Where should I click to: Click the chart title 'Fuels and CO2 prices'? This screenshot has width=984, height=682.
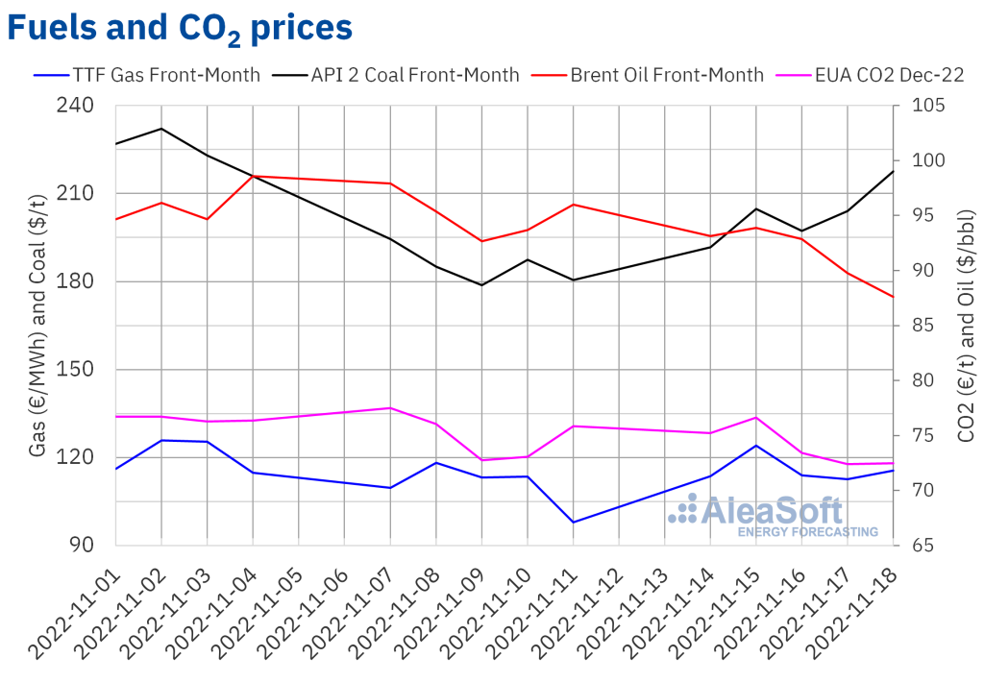(180, 29)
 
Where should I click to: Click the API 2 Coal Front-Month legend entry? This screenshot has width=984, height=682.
(405, 75)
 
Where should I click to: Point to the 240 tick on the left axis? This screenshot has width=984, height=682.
(87, 106)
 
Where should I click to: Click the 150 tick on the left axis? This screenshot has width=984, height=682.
(87, 370)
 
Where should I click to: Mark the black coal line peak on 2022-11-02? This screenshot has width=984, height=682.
(160, 129)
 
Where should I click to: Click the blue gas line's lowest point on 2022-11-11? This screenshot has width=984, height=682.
(573, 523)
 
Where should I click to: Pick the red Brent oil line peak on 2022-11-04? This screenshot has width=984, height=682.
(253, 176)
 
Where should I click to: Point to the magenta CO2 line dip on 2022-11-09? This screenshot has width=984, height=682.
(481, 460)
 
